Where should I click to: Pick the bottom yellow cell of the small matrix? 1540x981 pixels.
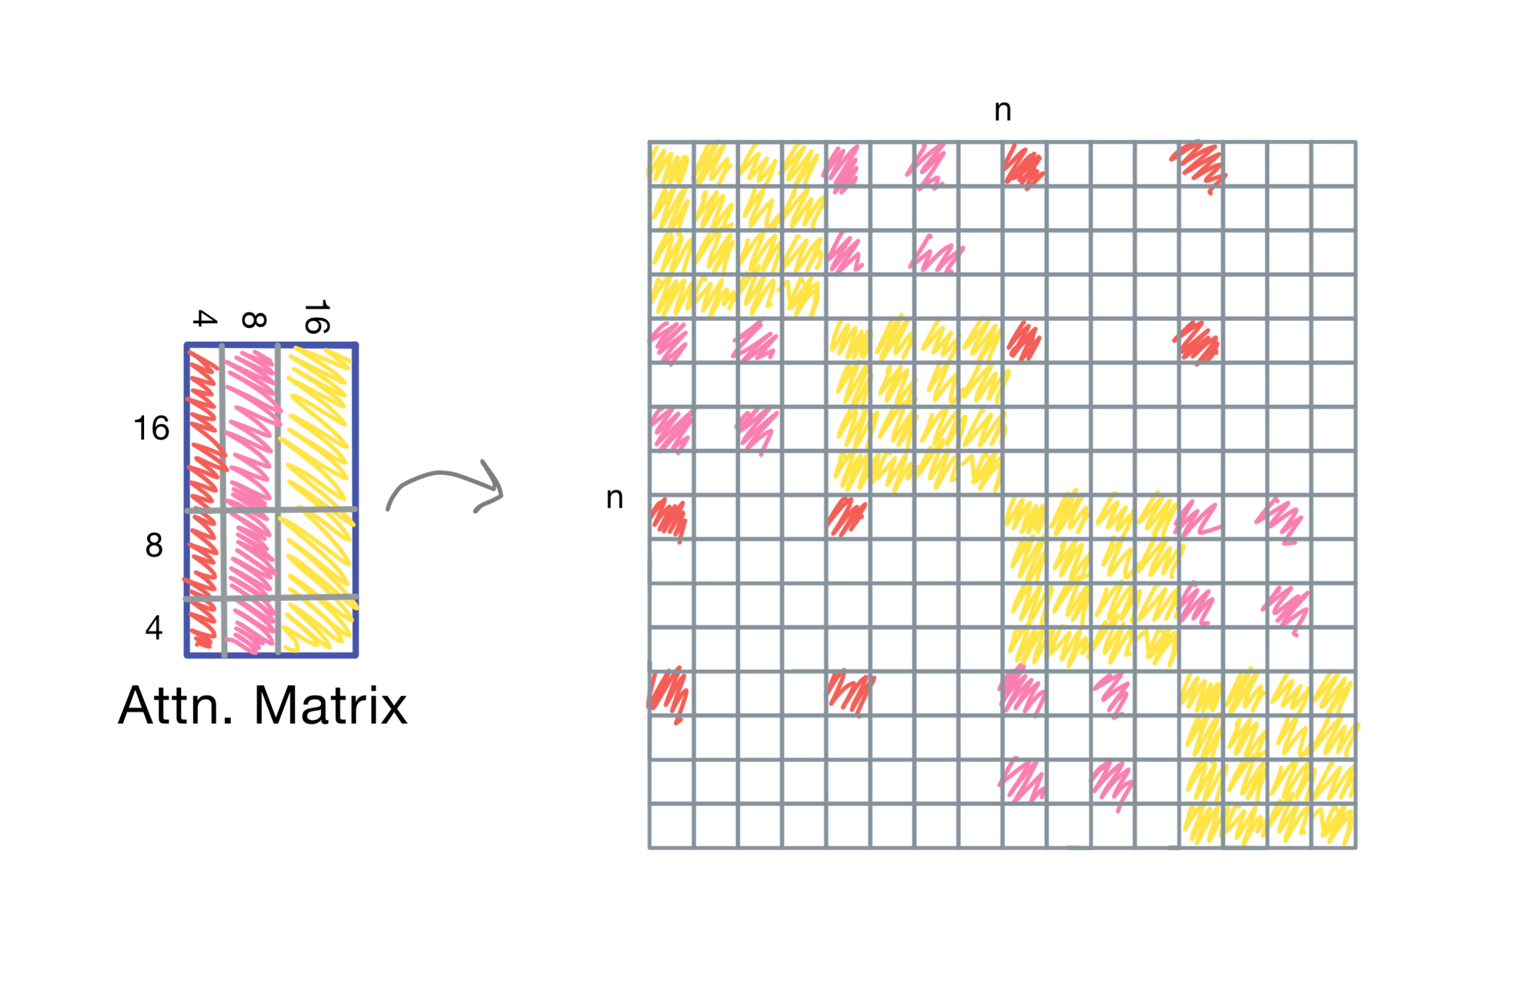318,628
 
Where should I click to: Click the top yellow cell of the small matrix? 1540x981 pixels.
318,427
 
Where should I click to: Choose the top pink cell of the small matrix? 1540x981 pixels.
250,427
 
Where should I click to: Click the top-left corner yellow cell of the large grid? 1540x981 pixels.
669,164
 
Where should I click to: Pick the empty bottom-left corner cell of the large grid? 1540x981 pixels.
669,827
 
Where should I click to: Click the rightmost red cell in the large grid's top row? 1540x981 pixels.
1201,164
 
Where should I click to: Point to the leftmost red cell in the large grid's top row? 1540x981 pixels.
1024,164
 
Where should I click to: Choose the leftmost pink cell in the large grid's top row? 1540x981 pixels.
846,164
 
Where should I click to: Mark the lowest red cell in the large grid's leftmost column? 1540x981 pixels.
669,693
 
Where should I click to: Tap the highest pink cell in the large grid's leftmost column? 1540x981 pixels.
669,340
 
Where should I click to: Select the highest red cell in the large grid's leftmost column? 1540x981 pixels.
669,517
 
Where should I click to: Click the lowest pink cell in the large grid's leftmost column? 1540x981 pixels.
669,429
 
